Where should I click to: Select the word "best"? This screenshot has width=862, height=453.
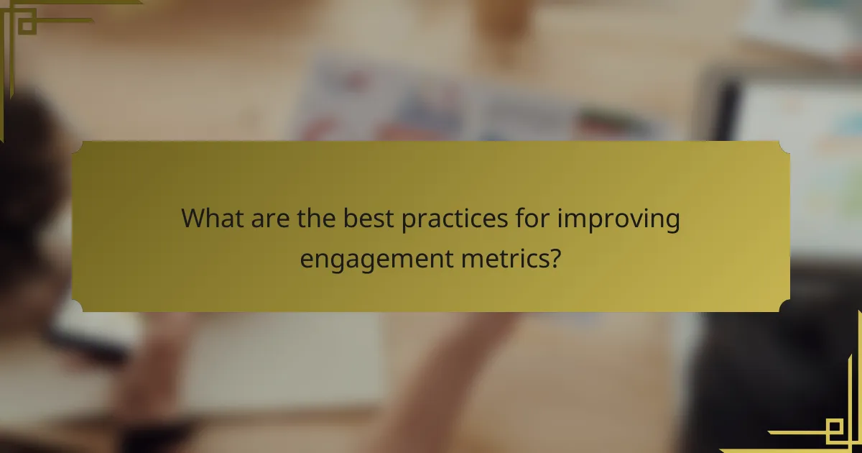pyautogui.click(x=366, y=218)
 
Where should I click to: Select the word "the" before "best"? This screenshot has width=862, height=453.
pyautogui.click(x=316, y=218)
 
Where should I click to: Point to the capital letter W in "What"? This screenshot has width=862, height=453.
pyautogui.click(x=193, y=218)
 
